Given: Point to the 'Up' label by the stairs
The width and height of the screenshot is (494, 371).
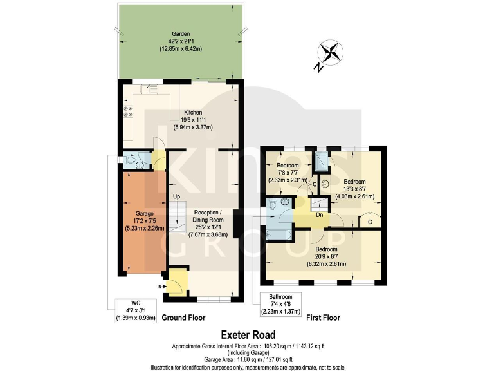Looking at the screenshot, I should click(175, 196).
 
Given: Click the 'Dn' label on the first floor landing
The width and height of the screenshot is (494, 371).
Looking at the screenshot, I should click(319, 215).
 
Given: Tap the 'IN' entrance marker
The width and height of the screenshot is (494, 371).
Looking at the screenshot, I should click(159, 286).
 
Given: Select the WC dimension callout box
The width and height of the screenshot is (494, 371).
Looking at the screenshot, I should click(136, 310).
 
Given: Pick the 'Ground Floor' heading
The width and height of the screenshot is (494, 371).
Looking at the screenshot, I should click(183, 318).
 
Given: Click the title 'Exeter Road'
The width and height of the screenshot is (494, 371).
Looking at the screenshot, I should click(248, 334).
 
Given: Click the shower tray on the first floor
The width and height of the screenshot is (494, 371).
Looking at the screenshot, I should click(320, 160).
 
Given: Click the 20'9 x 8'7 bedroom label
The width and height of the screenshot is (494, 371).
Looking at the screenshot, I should click(326, 256).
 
